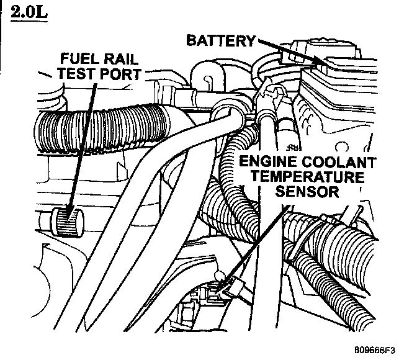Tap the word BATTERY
[x=221, y=41]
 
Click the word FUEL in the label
[x=79, y=60]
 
